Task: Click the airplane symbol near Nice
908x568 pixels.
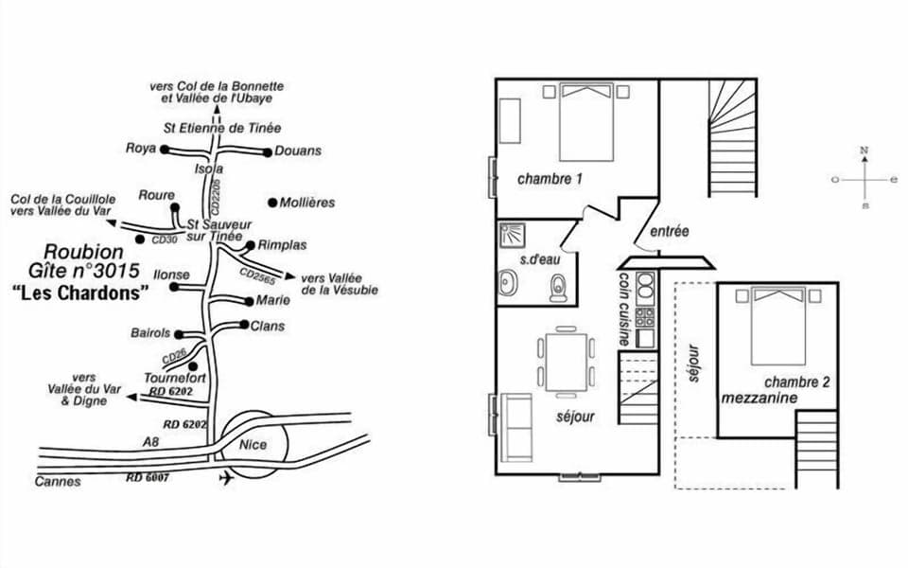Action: point(225,478)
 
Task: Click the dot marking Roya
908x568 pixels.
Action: point(164,150)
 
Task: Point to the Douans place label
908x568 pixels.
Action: point(298,151)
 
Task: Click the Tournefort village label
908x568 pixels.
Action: point(169,378)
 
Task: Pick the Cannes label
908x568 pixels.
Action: point(60,482)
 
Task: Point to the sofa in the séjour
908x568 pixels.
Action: point(518,426)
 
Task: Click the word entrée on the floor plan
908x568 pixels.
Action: point(669,231)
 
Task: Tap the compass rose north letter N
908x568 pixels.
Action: point(864,151)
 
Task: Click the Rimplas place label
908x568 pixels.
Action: point(282,245)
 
